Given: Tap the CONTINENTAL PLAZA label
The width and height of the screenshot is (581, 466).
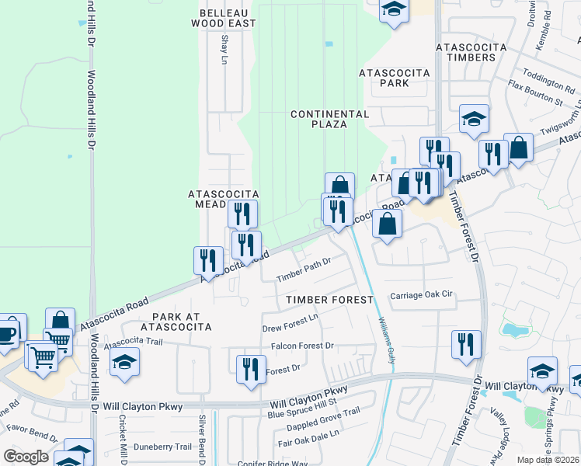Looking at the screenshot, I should coord(329,120).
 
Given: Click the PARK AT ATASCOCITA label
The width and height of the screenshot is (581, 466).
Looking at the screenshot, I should coord(182,322).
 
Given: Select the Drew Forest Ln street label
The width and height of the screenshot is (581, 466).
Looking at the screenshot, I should coord(290,318).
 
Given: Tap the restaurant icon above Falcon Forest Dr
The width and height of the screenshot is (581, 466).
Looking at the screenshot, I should coord(251,369).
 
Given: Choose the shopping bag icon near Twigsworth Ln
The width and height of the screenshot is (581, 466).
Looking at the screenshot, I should coord(518,148).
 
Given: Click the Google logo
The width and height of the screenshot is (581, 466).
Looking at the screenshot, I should coord(26,456).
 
